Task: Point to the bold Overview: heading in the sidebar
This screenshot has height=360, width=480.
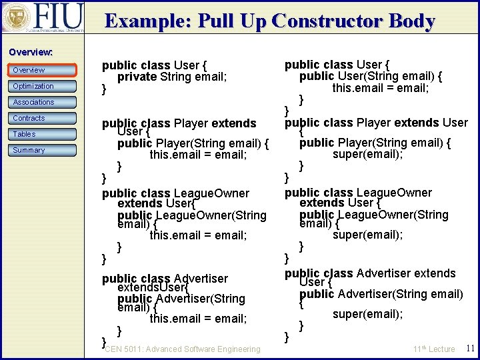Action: tap(31, 52)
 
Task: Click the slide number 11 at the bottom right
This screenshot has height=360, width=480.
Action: tap(470, 348)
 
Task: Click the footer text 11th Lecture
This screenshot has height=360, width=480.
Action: tap(433, 349)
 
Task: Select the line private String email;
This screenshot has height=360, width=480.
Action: tap(172, 77)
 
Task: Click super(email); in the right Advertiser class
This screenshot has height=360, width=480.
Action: tap(367, 314)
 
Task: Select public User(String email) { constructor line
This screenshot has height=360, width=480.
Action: tap(371, 76)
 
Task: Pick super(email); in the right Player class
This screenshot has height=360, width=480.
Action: tap(367, 154)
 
